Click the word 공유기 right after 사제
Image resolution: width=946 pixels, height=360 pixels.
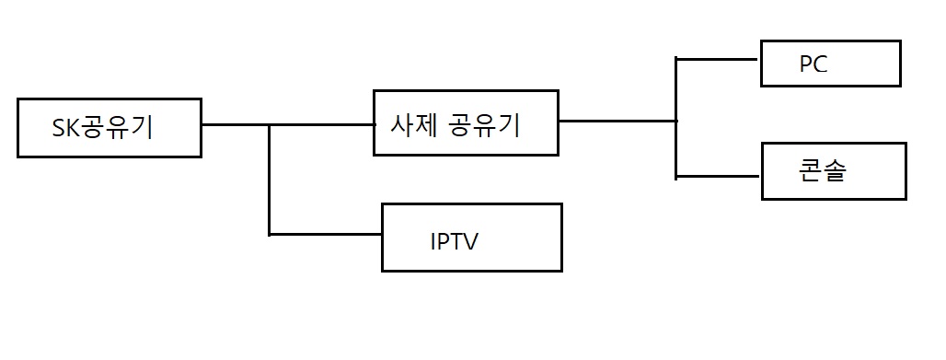pyautogui.click(x=484, y=125)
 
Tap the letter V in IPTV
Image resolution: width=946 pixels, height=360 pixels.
pyautogui.click(x=468, y=241)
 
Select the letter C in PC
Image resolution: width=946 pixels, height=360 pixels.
pyautogui.click(x=821, y=64)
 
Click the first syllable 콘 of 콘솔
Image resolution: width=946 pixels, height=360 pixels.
pyautogui.click(x=810, y=171)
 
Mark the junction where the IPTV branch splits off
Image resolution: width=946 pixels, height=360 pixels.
pyautogui.click(x=269, y=125)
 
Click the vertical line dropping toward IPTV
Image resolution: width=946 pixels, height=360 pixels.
pyautogui.click(x=269, y=180)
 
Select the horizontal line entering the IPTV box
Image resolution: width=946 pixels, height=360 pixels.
pyautogui.click(x=325, y=234)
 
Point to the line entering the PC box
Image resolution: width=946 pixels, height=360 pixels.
pyautogui.click(x=716, y=59)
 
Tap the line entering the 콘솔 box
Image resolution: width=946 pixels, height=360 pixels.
pyautogui.click(x=718, y=177)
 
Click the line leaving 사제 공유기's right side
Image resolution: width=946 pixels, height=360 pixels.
pyautogui.click(x=617, y=121)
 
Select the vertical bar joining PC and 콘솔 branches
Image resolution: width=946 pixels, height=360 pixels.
pyautogui.click(x=676, y=118)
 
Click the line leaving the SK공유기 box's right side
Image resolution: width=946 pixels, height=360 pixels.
pyautogui.click(x=288, y=125)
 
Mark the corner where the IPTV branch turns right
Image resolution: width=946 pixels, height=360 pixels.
pyautogui.click(x=269, y=234)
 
